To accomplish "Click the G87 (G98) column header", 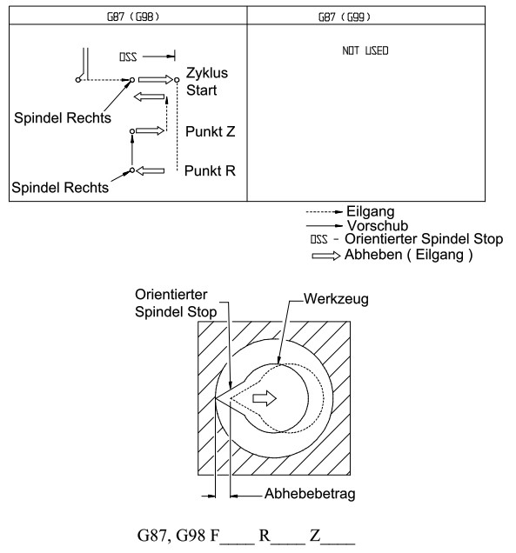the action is pos(133,17).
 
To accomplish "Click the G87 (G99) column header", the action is pos(345,17).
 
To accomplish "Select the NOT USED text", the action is pos(365,50).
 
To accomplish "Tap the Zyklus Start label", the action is pos(207,82).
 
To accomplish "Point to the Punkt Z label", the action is pos(210,131).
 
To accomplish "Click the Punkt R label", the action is pos(210,170).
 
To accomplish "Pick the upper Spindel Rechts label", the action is pos(63,117).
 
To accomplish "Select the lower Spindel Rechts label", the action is pos(60,188).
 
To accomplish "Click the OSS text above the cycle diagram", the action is pos(128,57).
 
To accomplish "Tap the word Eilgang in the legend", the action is pos(370,211).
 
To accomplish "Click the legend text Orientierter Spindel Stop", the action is pos(424,239).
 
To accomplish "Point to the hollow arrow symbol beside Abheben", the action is pos(326,256).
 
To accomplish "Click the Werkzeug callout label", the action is pos(336,299).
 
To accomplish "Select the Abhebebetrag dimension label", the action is pos(310,494).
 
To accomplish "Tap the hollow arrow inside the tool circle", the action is pos(265,398).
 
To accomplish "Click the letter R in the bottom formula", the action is pos(265,536).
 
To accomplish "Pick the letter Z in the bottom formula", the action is pos(315,536).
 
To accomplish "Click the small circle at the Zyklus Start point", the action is pos(177,80).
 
